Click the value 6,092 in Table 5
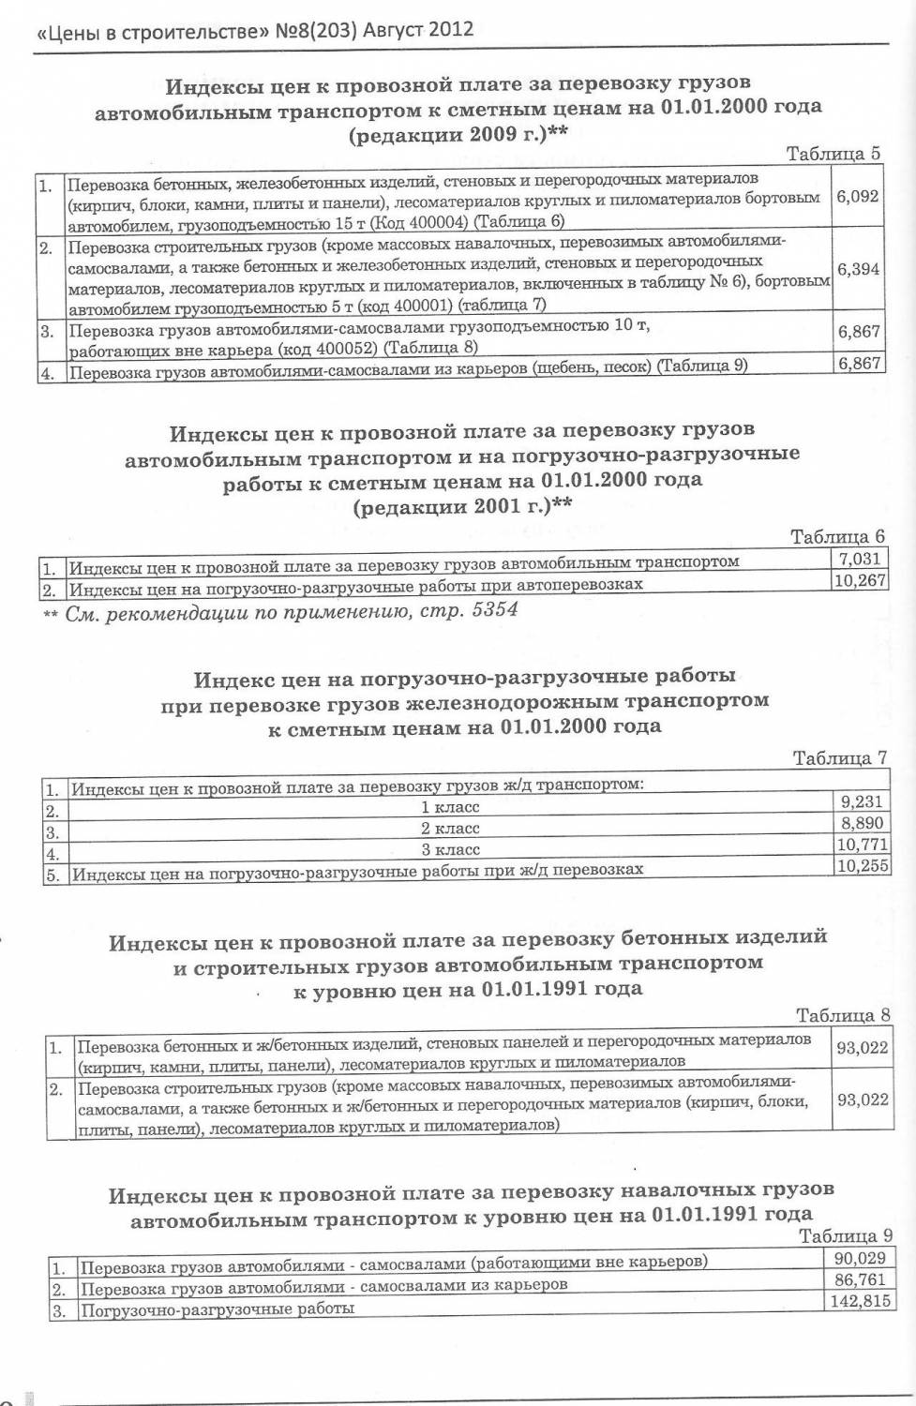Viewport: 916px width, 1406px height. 858,196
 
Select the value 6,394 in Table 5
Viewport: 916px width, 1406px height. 858,269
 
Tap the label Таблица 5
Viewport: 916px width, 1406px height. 833,154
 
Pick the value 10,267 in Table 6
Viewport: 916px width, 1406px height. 859,580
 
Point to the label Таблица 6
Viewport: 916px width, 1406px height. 837,537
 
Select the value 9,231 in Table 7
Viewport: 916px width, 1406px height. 862,801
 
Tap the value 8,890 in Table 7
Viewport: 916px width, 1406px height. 862,823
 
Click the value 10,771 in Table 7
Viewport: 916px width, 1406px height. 862,845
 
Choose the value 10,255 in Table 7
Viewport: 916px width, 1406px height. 862,866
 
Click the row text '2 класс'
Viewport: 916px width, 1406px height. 450,829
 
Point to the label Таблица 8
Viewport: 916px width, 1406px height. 842,1015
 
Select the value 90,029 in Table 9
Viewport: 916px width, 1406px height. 860,1258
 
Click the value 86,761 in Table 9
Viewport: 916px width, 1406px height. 860,1279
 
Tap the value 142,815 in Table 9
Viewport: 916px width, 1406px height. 859,1301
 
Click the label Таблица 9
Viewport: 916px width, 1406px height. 845,1235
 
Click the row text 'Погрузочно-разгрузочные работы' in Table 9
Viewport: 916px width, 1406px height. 218,1309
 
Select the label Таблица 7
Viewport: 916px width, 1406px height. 840,757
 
